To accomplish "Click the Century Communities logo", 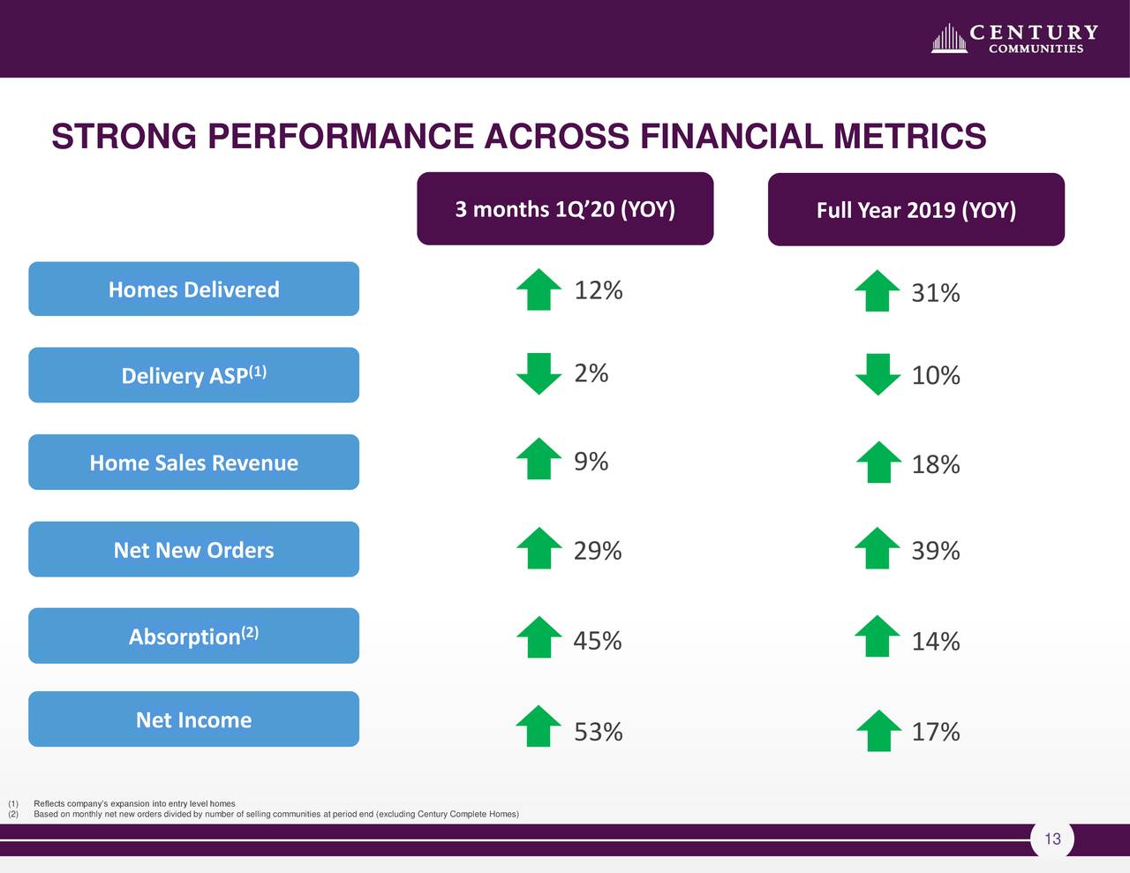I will [1014, 39].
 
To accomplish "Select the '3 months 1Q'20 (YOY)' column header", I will [565, 209].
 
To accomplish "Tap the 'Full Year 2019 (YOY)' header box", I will [915, 210].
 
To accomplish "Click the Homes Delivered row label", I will [193, 290].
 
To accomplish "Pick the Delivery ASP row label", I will [193, 375].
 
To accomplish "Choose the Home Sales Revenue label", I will [193, 463].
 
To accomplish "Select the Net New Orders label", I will [193, 550].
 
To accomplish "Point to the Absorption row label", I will [193, 636].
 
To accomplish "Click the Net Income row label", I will [193, 719].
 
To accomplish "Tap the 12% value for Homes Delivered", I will [599, 290].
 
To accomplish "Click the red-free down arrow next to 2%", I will [539, 373].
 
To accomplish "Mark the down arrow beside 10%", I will [878, 374].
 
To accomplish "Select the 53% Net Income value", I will [599, 732].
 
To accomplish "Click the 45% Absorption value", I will [598, 641].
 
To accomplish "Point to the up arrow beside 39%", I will [878, 548].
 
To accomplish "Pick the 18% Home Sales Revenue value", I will [936, 464].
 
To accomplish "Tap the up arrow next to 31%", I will [878, 290].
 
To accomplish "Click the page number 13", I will [1052, 839].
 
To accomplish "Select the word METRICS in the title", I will [909, 137].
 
